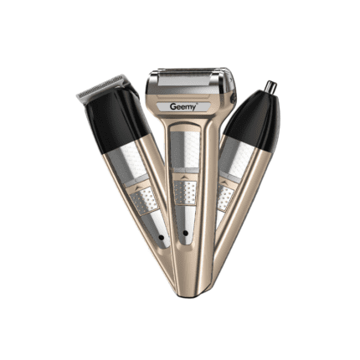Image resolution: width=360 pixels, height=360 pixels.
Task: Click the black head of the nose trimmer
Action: pyautogui.click(x=254, y=121)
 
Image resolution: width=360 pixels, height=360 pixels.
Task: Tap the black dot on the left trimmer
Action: pyautogui.click(x=161, y=238)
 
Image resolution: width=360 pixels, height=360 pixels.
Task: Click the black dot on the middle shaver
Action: pyautogui.click(x=184, y=233)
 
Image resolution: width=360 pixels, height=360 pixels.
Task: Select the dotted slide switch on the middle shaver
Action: pyautogui.click(x=184, y=193)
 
